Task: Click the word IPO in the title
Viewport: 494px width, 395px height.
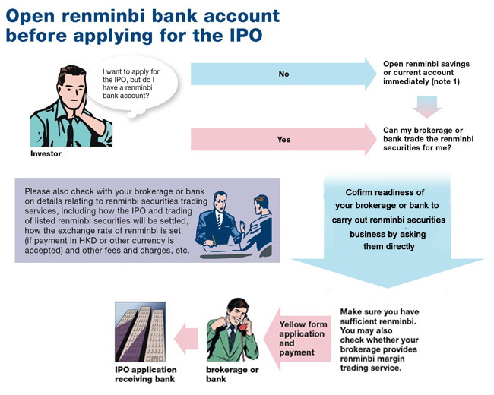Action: [245, 34]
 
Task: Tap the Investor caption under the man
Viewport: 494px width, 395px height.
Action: [46, 153]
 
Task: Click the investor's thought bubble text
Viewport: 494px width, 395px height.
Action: [131, 84]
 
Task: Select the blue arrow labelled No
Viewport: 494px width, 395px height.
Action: [283, 74]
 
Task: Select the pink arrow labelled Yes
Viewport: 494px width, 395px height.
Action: [283, 139]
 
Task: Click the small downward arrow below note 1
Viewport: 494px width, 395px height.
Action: [427, 107]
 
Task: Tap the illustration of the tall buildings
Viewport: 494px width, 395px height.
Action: [140, 332]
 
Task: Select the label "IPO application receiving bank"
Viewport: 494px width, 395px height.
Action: [146, 374]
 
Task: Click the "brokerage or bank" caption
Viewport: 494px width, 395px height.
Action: [233, 374]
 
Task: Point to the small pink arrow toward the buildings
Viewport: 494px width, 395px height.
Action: [186, 339]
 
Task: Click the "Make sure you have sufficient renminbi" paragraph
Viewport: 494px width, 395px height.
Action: [379, 340]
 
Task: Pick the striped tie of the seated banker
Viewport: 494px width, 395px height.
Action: [219, 220]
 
